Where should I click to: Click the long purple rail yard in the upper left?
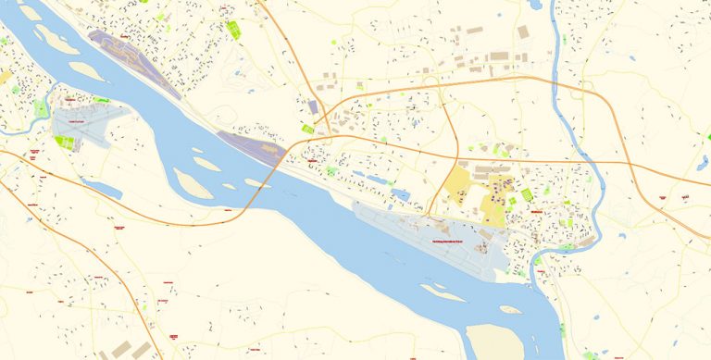tap(134, 63)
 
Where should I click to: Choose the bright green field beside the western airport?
tap(64, 143)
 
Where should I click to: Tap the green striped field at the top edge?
tap(233, 29)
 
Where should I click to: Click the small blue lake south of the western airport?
tap(103, 189)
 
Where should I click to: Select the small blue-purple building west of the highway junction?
tap(313, 108)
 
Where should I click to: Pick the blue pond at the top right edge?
tap(535, 5)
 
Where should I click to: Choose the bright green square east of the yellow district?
tap(527, 194)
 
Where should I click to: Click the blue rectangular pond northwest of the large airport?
tap(401, 195)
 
